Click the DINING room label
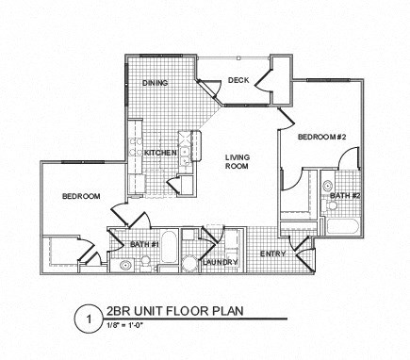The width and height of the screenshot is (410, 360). click(156, 83)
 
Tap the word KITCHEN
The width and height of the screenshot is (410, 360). click(160, 152)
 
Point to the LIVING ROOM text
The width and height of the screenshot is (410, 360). click(237, 162)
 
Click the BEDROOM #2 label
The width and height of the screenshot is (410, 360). click(323, 138)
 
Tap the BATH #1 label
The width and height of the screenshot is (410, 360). click(143, 245)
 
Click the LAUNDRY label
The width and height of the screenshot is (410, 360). click(218, 262)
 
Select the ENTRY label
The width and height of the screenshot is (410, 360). click(272, 254)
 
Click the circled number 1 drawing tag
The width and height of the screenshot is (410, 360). click(89, 319)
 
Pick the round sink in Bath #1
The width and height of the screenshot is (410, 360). click(126, 265)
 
